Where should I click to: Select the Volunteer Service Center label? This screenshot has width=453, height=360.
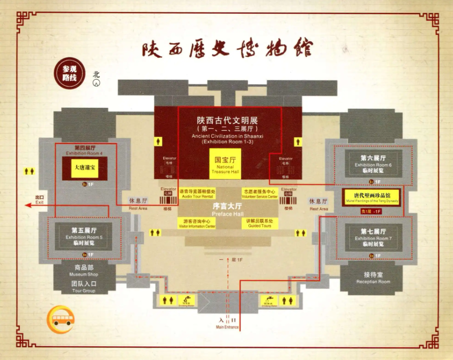tap(259, 193)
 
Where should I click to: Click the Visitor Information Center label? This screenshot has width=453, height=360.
tap(196, 224)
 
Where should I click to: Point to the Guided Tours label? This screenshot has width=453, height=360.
tap(260, 223)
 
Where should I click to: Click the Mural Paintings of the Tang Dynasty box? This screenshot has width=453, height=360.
tap(372, 196)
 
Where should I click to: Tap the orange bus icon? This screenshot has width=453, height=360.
tap(62, 320)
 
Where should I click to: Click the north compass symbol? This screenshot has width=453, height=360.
tap(97, 83)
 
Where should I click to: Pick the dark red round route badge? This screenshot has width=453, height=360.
tap(69, 75)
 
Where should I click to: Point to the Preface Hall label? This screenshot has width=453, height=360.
tap(227, 209)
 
